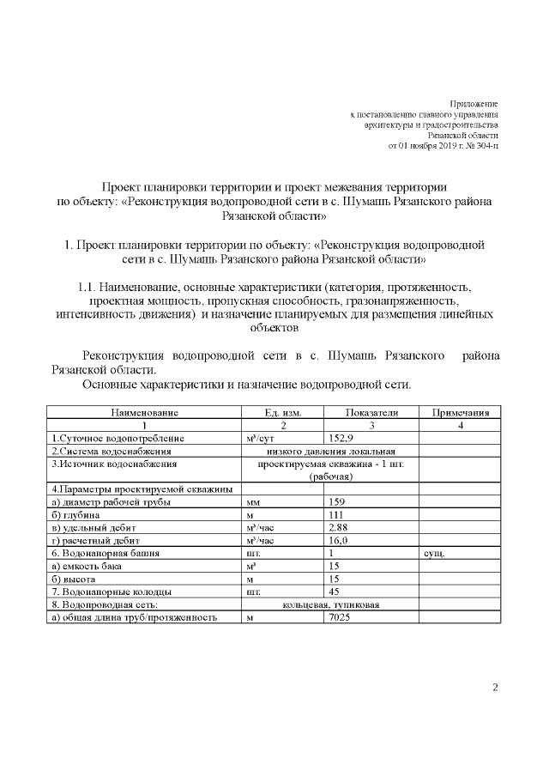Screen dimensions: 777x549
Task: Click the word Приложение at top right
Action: (x=474, y=103)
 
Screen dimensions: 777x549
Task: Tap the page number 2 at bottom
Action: (x=495, y=686)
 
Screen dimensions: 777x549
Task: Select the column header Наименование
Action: (x=143, y=413)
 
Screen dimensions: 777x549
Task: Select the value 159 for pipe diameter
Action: (x=336, y=501)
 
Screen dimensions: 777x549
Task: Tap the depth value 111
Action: (x=335, y=514)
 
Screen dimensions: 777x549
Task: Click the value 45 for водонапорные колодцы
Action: (x=335, y=592)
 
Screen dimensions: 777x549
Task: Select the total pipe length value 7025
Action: (x=340, y=617)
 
